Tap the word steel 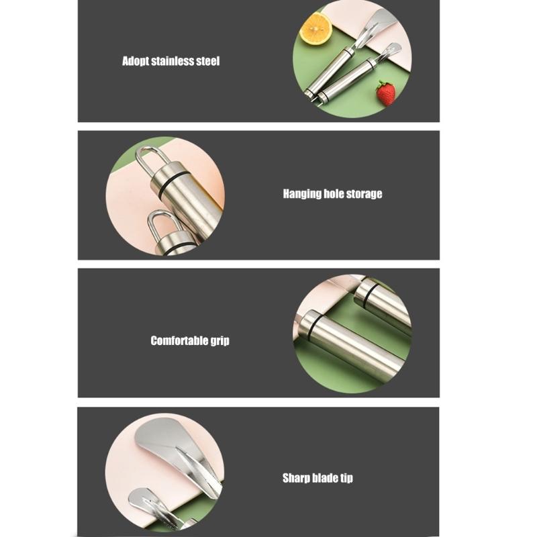[x=208, y=61]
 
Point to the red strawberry [x=385, y=93]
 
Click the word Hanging [x=302, y=194]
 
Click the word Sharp [x=296, y=479]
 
